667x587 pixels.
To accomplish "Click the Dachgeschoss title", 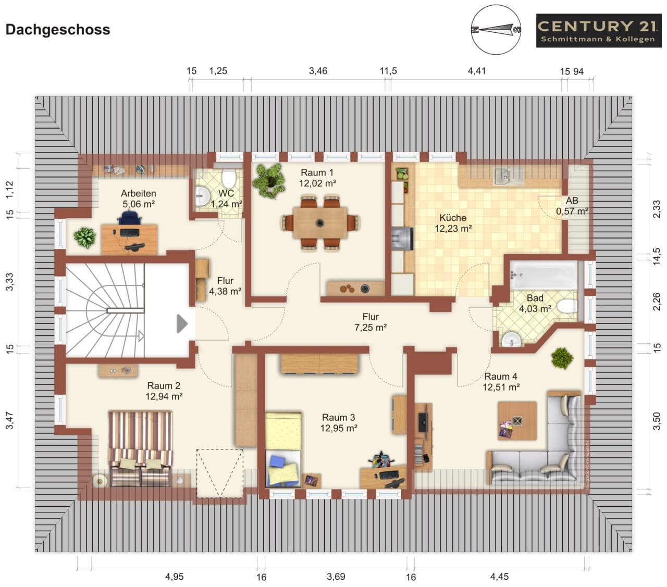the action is tap(58, 30).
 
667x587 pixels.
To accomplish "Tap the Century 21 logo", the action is tap(599, 31).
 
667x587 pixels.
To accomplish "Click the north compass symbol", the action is tap(496, 30).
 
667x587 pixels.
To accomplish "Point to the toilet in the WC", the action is tap(228, 178).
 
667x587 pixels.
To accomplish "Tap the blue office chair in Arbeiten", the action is tap(130, 218).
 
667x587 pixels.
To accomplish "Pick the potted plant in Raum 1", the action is tap(268, 181).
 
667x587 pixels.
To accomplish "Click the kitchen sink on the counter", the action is tap(508, 176).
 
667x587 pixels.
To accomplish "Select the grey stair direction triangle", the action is tap(182, 324).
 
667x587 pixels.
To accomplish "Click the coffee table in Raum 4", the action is tap(517, 421).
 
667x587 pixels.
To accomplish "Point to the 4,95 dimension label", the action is tap(175, 577).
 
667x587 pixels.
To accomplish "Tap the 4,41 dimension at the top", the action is tap(477, 70).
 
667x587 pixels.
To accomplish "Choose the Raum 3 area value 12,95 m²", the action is tap(339, 428).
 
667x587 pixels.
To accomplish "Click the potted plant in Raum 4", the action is tap(562, 358).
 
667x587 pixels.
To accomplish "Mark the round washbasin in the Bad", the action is tap(511, 340).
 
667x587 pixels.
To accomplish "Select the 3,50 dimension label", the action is tap(657, 421).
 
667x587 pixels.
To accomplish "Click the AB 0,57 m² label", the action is tap(572, 206).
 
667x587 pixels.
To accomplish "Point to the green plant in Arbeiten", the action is tap(84, 237).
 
